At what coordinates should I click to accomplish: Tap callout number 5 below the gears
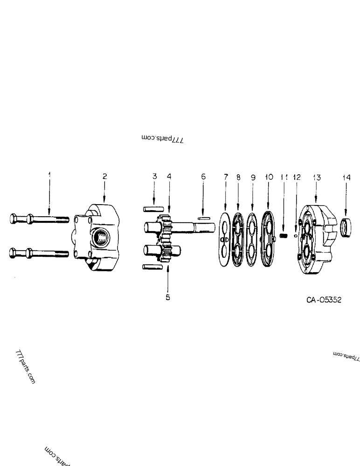168,296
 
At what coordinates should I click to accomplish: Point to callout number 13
317,177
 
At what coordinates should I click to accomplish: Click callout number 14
345,177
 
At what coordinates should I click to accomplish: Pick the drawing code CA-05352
324,300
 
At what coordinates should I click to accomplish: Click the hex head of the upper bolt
15,218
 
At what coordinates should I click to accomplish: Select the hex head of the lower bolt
15,254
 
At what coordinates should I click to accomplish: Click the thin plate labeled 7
225,240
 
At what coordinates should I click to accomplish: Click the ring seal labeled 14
345,227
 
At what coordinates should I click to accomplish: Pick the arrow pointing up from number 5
168,280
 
